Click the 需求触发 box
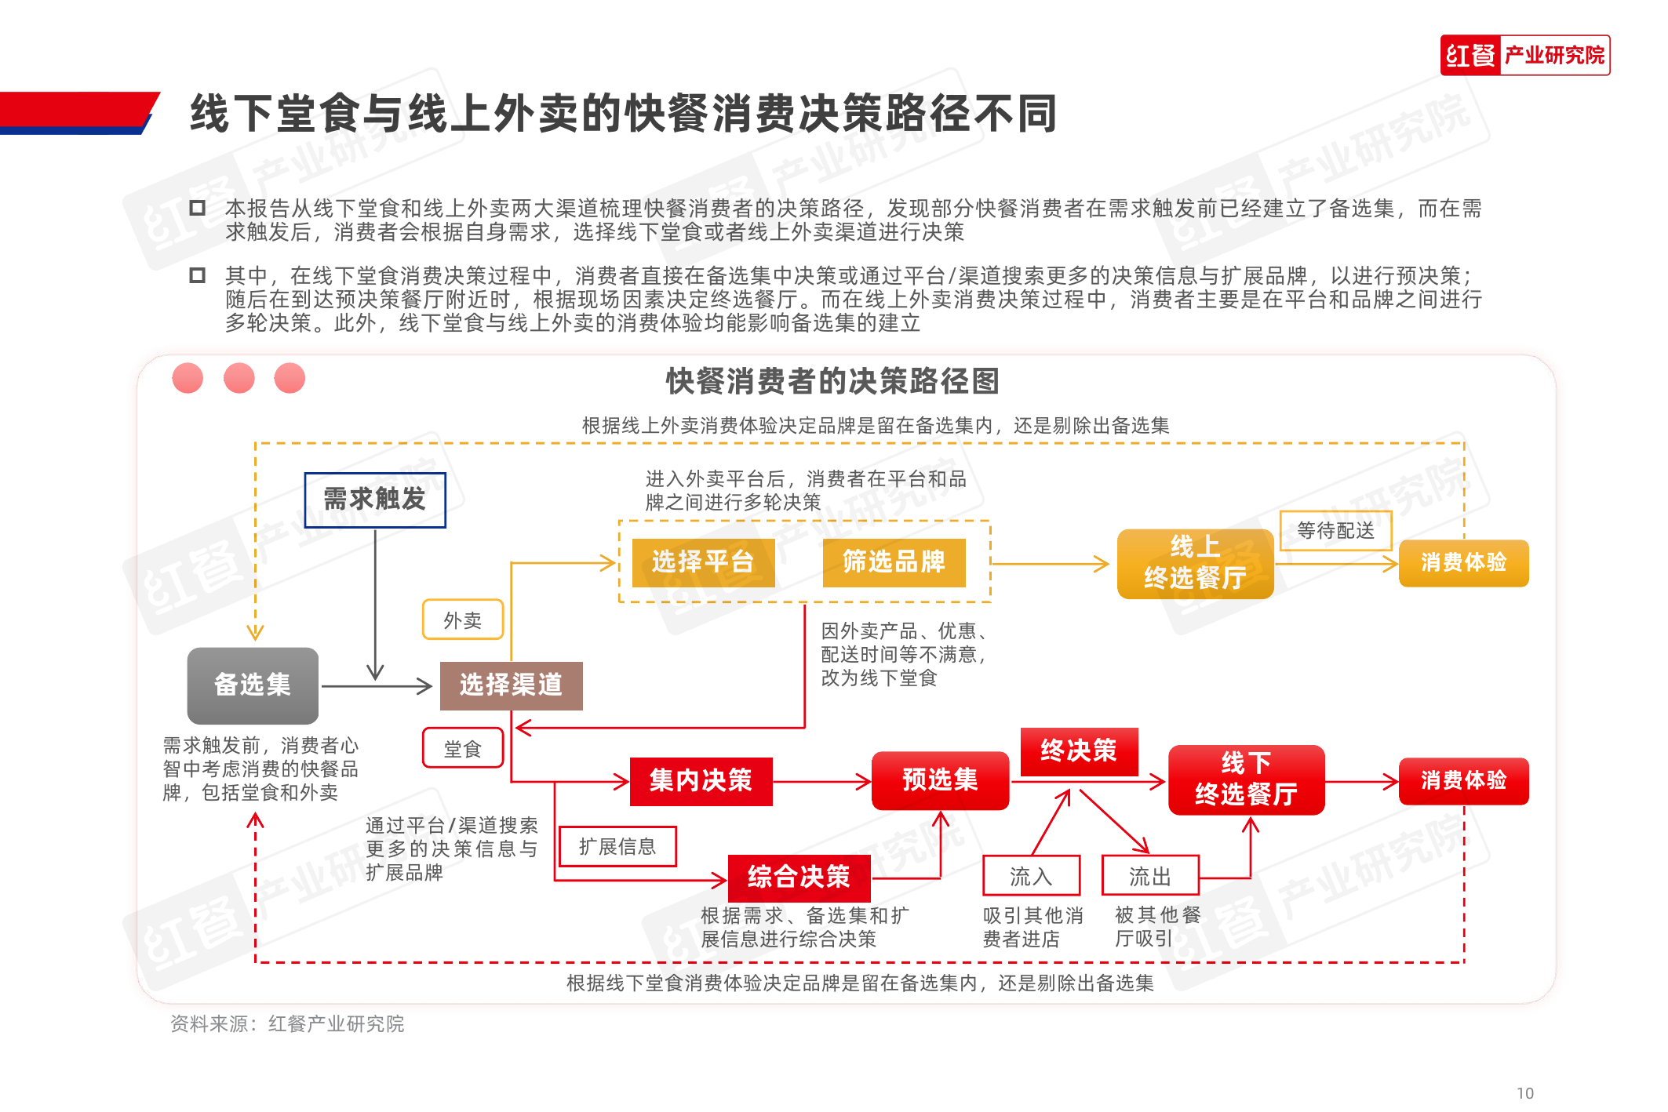(x=375, y=500)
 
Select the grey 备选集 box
(x=253, y=685)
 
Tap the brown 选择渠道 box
(x=511, y=685)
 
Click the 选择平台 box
(x=703, y=562)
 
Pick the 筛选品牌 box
(x=894, y=562)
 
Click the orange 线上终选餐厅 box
(x=1195, y=563)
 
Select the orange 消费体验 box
(x=1463, y=563)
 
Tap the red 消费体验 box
(x=1463, y=781)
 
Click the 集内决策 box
(x=701, y=781)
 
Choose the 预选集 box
(x=940, y=781)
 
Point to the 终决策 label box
(x=1079, y=751)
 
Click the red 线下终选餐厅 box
(x=1246, y=779)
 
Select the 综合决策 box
(x=799, y=878)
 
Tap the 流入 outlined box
(x=1031, y=876)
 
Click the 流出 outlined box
(x=1150, y=876)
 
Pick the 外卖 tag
(x=463, y=620)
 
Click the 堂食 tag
(x=463, y=749)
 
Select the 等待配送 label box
(x=1335, y=531)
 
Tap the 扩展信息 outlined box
(x=617, y=847)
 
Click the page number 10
(x=1524, y=1093)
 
